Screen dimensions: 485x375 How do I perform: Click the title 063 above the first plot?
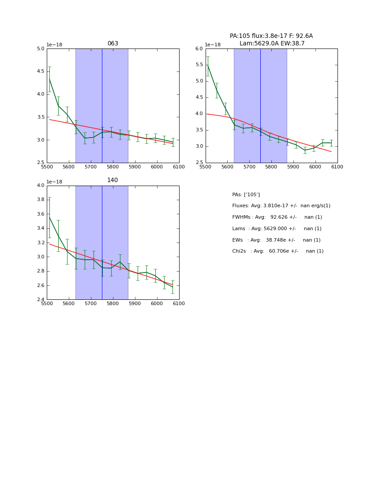[x=112, y=44]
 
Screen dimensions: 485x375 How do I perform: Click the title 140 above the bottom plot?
[x=112, y=180]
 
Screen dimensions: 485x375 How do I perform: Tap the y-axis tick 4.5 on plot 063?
[x=41, y=71]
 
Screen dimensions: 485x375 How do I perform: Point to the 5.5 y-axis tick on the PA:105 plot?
[x=199, y=65]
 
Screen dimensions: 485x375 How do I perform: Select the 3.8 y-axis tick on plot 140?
[x=41, y=200]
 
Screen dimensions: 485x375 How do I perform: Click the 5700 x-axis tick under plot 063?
[x=90, y=167]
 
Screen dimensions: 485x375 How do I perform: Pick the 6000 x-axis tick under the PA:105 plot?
[x=315, y=167]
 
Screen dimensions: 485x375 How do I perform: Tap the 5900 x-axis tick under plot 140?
[x=135, y=304]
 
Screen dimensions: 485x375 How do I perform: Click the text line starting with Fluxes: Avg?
[x=281, y=206]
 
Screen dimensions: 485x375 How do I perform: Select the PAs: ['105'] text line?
[x=246, y=194]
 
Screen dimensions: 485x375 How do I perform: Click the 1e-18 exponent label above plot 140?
[x=55, y=182]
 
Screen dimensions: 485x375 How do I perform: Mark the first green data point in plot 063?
[x=49, y=79]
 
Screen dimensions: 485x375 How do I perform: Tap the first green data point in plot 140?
[x=49, y=217]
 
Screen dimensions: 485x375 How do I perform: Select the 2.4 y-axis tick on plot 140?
[x=41, y=300]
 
